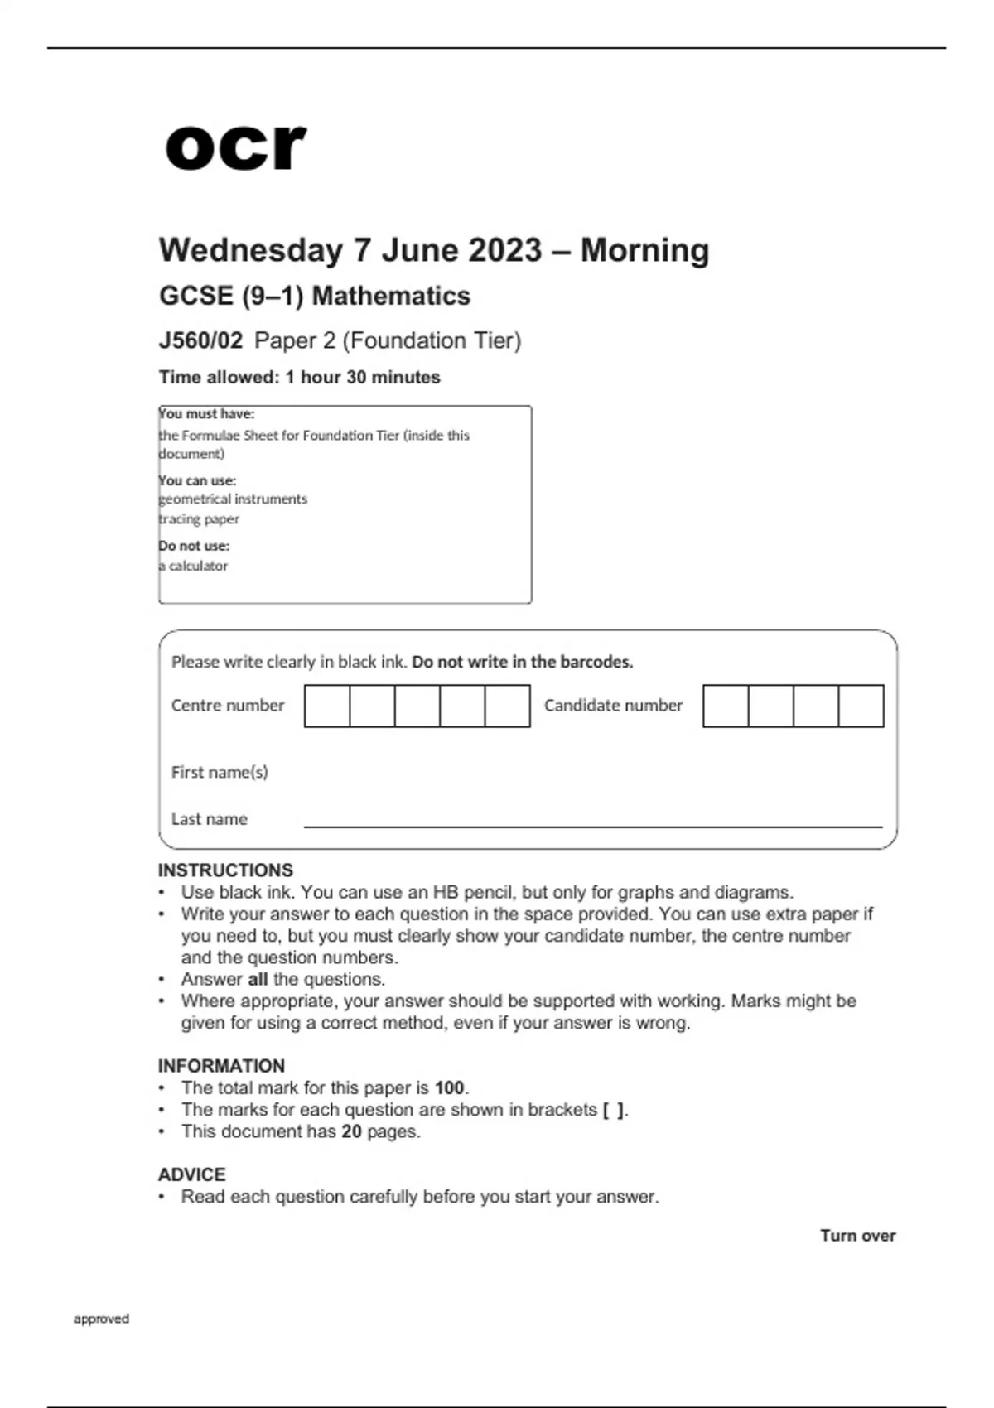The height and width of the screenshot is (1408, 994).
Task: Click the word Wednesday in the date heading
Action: click(251, 250)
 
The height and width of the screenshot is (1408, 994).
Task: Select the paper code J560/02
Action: click(200, 340)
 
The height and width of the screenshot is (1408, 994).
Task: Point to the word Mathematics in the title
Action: click(391, 296)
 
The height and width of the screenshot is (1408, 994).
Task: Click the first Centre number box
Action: click(327, 706)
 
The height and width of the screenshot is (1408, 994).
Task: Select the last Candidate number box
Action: click(861, 706)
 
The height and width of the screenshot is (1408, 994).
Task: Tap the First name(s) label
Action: click(220, 772)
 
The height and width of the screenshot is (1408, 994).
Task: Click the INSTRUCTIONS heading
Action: click(225, 870)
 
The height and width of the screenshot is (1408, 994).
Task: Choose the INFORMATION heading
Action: click(221, 1066)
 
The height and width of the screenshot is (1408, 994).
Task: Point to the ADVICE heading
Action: click(191, 1174)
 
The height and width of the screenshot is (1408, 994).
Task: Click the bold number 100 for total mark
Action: click(450, 1087)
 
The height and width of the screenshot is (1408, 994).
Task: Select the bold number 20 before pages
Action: click(351, 1131)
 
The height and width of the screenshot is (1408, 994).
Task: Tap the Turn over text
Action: click(857, 1236)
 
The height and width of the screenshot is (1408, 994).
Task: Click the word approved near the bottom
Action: click(101, 1319)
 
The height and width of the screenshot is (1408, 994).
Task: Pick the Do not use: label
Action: click(194, 546)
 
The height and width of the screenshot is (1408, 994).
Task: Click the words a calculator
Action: click(194, 566)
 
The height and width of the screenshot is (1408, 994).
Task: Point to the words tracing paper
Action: click(199, 519)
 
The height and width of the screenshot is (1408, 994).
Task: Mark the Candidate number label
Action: click(613, 706)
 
